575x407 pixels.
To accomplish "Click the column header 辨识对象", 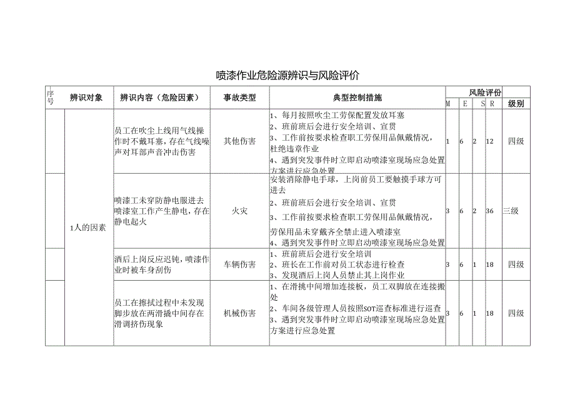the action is coord(86,98).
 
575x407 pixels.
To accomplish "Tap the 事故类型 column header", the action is coord(240,98).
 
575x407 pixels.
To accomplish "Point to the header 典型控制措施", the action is coord(357,98).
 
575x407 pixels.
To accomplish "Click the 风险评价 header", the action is coord(486,92).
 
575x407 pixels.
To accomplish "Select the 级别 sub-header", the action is coord(516,103).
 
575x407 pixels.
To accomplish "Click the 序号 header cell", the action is coord(51,97).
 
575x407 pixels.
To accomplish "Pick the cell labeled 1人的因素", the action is coord(87,227).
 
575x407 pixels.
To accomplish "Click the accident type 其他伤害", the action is coord(240,141).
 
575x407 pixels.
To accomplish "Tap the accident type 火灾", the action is coord(240,211).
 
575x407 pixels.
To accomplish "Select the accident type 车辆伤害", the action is coord(240,264).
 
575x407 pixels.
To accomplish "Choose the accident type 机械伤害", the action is coord(240,313).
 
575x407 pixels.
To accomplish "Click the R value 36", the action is coord(490,211).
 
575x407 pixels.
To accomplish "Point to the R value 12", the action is coord(490,141).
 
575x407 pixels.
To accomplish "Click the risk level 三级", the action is coord(511,211).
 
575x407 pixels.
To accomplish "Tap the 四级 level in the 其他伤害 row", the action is coord(516,141).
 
